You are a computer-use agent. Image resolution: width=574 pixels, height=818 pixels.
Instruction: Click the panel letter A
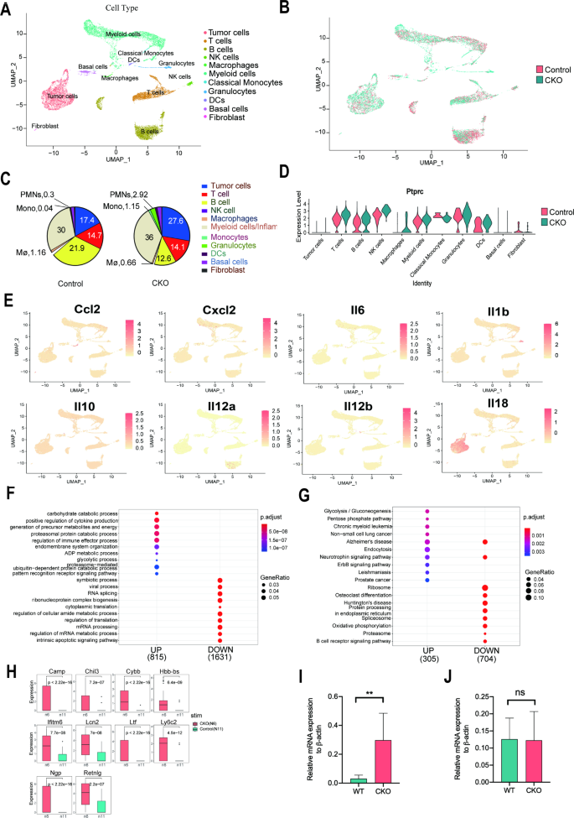tap(8, 8)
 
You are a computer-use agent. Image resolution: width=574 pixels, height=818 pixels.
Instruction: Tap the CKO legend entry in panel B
tap(546, 80)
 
